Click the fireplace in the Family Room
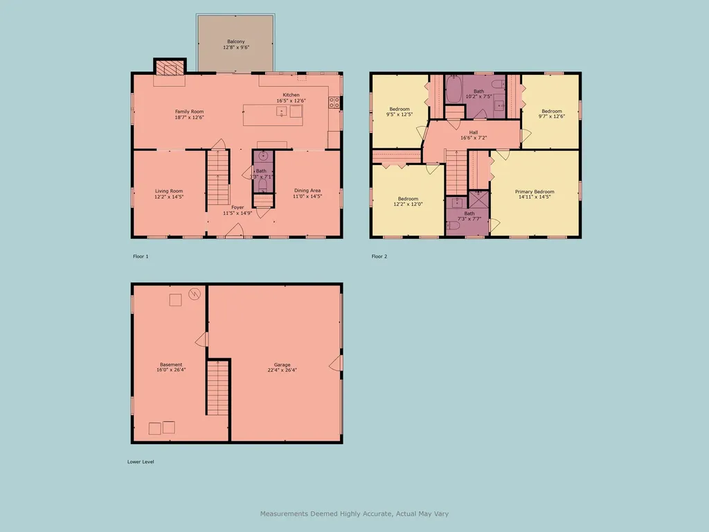pos(170,68)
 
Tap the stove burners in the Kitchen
pos(334,103)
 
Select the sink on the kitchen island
pos(281,112)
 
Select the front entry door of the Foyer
pos(232,236)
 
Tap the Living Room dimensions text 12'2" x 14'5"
pos(169,197)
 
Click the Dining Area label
pos(307,190)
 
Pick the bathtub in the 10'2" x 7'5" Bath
pos(454,89)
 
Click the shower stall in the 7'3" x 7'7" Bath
pos(478,200)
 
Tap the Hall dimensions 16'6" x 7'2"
pos(474,138)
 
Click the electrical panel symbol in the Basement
pos(195,294)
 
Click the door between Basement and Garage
pos(201,339)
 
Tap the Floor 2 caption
pos(379,256)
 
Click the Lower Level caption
pos(141,461)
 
